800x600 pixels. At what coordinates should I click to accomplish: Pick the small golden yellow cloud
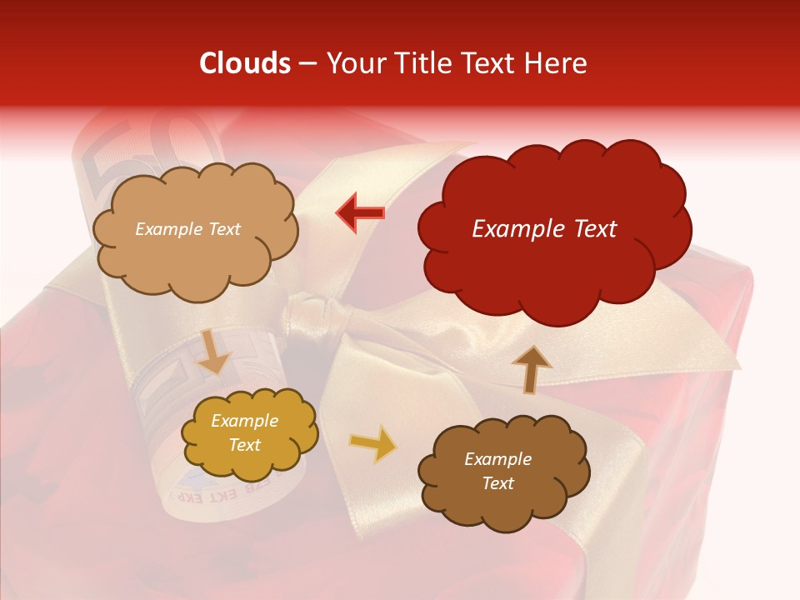pos(248,433)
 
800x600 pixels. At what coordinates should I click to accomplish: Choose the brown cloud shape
pos(503,472)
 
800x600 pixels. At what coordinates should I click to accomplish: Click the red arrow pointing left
pos(361,212)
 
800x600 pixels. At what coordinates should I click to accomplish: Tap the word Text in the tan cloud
pos(222,229)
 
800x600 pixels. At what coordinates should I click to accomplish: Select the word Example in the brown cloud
pos(497,459)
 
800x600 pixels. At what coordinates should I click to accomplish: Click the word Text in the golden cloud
pos(245,445)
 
